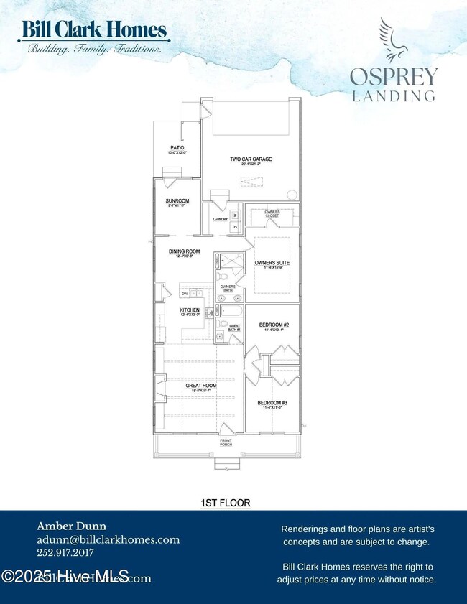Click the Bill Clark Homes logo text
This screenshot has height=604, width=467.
pyautogui.click(x=95, y=30)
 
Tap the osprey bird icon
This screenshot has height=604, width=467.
pyautogui.click(x=394, y=40)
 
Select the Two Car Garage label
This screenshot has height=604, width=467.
pyautogui.click(x=251, y=159)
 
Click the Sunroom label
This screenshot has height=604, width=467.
pyautogui.click(x=177, y=200)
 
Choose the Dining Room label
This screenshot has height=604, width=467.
pyautogui.click(x=183, y=251)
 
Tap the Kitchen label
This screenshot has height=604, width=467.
pyautogui.click(x=190, y=310)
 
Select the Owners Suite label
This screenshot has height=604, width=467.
pyautogui.click(x=272, y=263)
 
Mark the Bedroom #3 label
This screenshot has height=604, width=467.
pyautogui.click(x=272, y=403)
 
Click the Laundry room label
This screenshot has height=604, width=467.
pyautogui.click(x=220, y=219)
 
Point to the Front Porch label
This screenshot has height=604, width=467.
pyautogui.click(x=226, y=442)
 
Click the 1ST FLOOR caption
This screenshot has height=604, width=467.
pyautogui.click(x=226, y=503)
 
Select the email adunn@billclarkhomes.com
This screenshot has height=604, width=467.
pyautogui.click(x=108, y=540)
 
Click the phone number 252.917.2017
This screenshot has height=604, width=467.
pyautogui.click(x=65, y=554)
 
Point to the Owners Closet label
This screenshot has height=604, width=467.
pyautogui.click(x=272, y=213)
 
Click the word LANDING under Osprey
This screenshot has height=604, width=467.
pyautogui.click(x=393, y=95)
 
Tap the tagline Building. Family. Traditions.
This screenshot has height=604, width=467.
pyautogui.click(x=94, y=49)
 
